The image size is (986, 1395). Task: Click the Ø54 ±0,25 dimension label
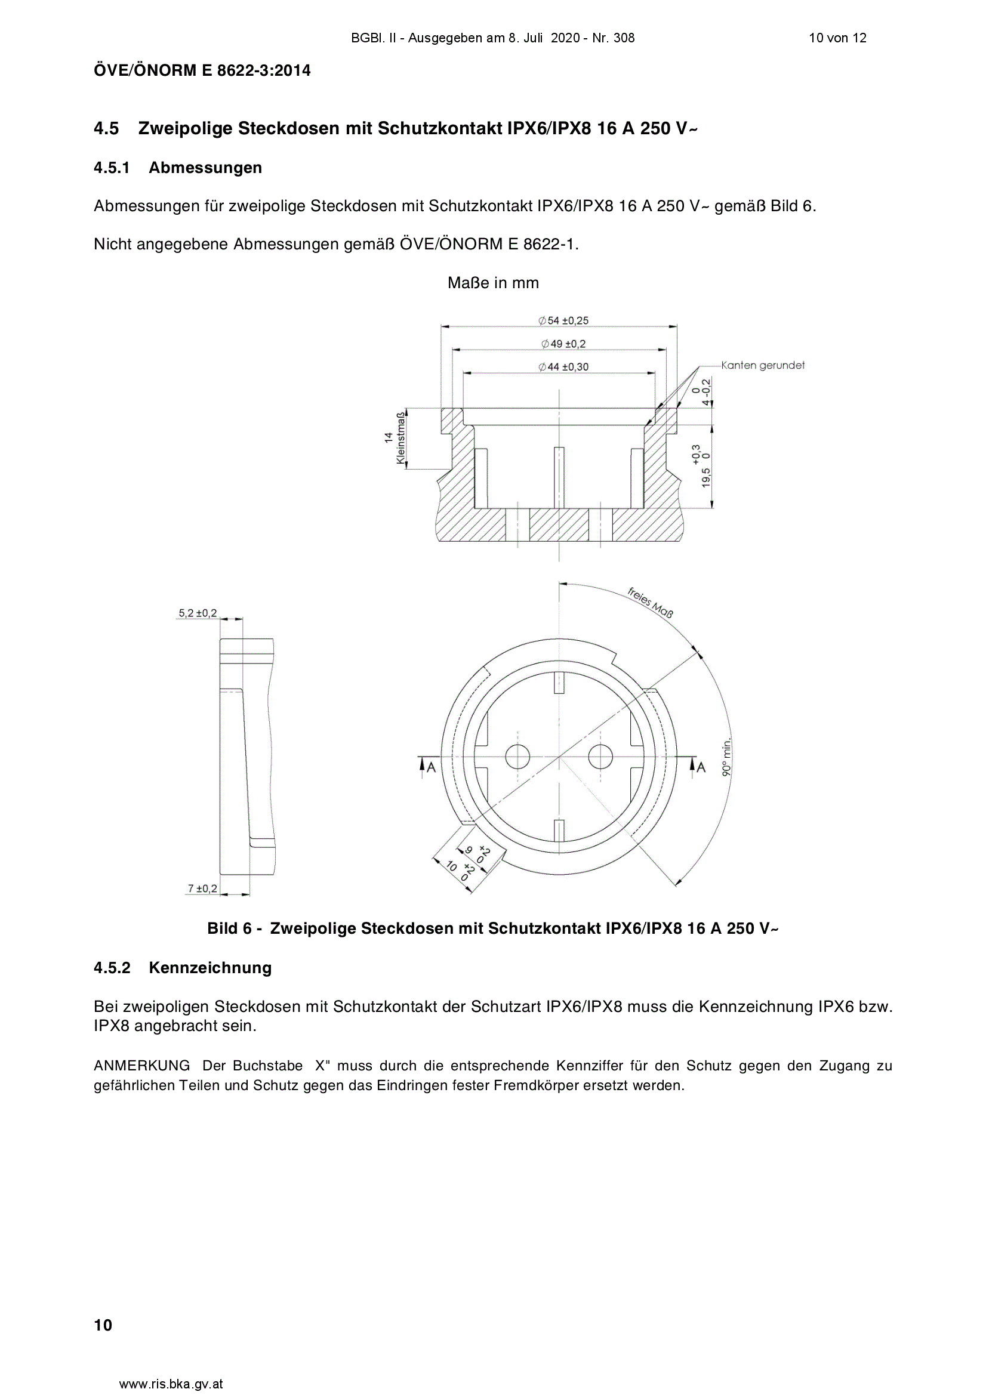click(563, 320)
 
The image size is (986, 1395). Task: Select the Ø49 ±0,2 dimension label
click(563, 344)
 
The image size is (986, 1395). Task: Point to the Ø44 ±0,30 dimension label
click(563, 367)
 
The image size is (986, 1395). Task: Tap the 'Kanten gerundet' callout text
click(763, 365)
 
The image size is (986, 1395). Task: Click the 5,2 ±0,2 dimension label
click(198, 613)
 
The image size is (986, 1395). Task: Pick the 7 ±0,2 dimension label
click(202, 888)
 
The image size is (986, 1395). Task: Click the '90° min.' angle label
click(726, 757)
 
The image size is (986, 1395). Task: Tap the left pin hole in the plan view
click(517, 757)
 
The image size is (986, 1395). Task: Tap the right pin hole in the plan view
click(600, 757)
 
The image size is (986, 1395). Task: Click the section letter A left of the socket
click(431, 767)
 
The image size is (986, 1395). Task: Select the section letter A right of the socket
click(701, 767)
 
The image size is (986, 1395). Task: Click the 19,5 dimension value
click(705, 477)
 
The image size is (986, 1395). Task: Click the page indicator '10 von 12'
click(837, 38)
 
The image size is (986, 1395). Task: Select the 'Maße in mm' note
click(493, 283)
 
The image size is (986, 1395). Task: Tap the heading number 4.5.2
click(112, 967)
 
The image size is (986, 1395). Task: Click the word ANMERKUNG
click(141, 1066)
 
